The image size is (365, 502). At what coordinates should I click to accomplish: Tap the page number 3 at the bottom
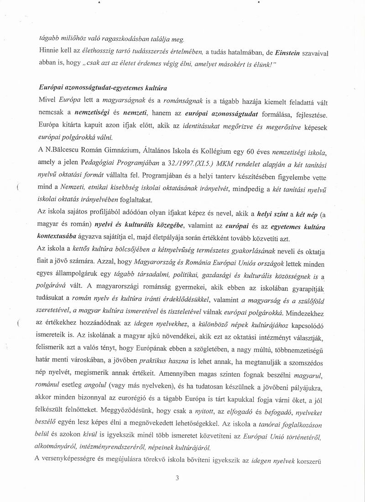(x=177, y=478)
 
